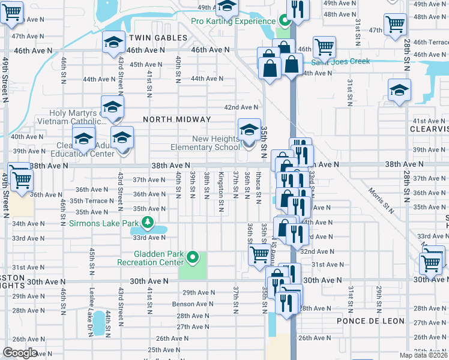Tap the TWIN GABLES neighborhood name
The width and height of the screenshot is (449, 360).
tap(163, 38)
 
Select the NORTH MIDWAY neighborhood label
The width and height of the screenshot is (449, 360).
tap(177, 119)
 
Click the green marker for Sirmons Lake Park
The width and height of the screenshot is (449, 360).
tap(148, 224)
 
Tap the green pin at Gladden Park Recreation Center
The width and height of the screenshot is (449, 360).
tap(193, 258)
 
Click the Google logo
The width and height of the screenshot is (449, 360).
tap(20, 353)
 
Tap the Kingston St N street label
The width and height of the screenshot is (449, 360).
tap(221, 187)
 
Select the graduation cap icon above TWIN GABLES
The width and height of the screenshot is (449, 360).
tap(113, 43)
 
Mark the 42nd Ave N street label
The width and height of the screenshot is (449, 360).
tap(241, 107)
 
